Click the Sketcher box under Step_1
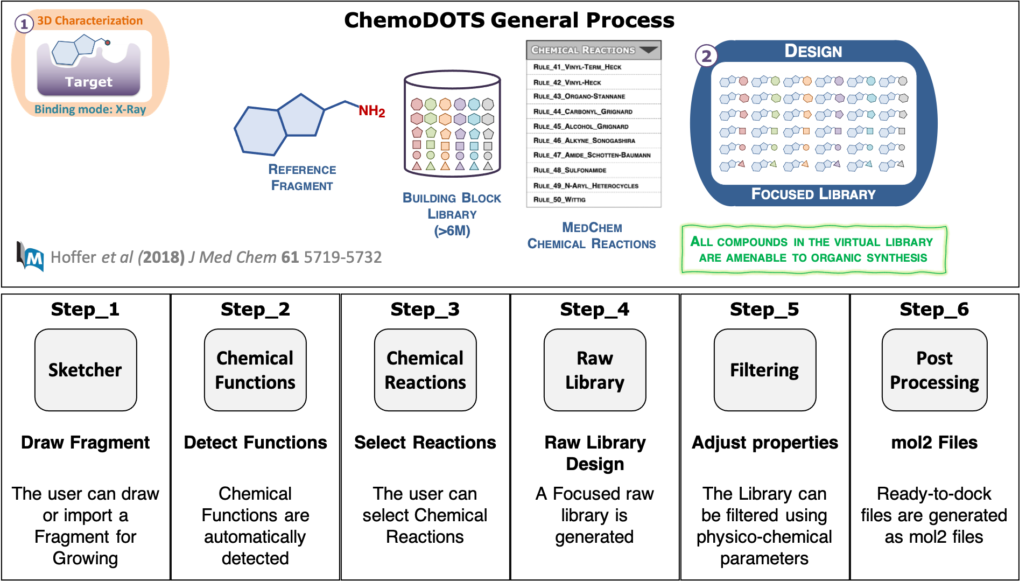coord(86,370)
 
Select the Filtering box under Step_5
coord(764,370)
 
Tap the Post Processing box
coord(934,370)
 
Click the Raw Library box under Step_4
coord(594,370)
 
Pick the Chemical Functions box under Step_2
coord(255,370)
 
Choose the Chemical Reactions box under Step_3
coord(425,370)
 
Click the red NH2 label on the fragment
coord(372,111)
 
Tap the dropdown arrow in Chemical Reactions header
coord(648,50)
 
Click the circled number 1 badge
coord(24,24)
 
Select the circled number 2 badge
coord(706,56)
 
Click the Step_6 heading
coord(934,309)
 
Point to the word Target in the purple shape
coord(89,82)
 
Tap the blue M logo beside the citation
coord(31,257)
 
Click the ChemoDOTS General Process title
coord(509,20)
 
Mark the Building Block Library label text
coord(452,214)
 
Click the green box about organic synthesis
coord(813,250)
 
